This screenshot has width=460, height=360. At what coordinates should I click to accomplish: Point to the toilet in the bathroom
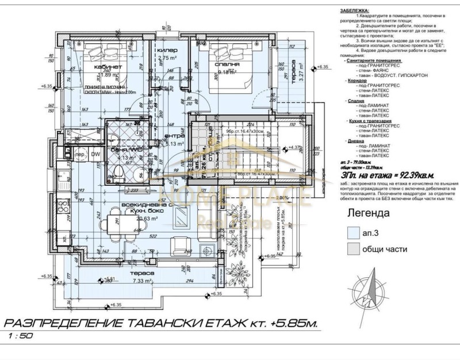click(119, 170)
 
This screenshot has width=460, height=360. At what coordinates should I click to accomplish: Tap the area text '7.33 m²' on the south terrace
click(140, 281)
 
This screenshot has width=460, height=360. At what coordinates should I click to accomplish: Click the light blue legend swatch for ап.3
click(352, 232)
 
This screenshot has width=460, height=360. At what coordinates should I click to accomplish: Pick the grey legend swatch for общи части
click(352, 250)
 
